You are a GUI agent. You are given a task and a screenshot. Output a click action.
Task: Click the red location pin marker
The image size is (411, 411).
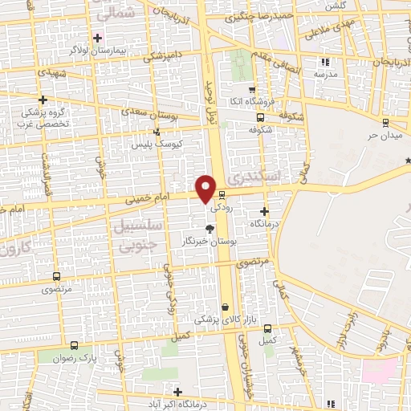[x=206, y=187]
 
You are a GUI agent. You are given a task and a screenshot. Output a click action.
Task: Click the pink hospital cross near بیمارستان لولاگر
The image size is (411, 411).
[x=98, y=38]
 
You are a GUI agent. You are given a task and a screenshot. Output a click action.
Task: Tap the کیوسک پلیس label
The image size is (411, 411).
[x=157, y=143]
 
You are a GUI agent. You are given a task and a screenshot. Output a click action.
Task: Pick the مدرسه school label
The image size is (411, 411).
[x=325, y=74]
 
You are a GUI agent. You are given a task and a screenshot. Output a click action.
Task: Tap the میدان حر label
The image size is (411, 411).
[x=384, y=134]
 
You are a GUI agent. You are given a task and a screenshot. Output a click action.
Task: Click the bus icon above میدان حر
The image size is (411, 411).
[x=386, y=123]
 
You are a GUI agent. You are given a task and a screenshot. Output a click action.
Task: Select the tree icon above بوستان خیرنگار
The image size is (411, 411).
[x=210, y=229]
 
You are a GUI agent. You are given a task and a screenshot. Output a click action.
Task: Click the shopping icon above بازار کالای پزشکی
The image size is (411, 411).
[x=225, y=307]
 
